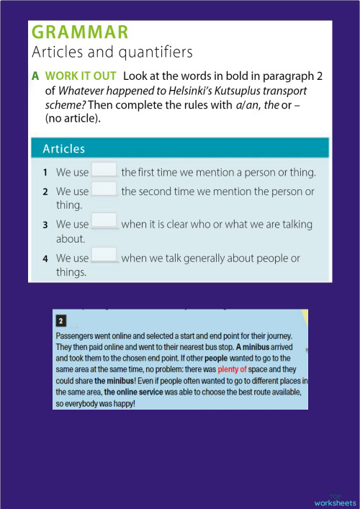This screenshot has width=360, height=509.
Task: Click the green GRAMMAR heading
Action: (x=80, y=32)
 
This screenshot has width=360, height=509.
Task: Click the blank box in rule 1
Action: (x=104, y=171)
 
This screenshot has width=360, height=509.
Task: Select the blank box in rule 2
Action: (x=104, y=190)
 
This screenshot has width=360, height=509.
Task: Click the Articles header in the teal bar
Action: (x=63, y=149)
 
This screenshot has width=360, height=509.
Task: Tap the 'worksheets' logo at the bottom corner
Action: (x=335, y=500)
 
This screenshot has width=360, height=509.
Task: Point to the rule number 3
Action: (x=45, y=225)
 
